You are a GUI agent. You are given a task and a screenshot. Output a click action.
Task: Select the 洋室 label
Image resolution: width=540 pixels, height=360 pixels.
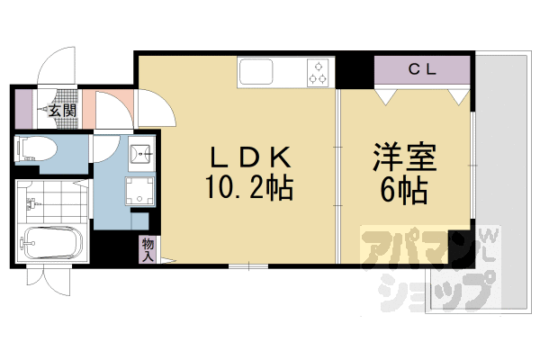pos(404,159)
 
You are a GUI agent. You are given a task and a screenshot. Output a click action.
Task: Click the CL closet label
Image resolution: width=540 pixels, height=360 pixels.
pos(423,68)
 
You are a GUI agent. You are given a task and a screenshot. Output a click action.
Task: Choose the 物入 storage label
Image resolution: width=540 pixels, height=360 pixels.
pos(148,249)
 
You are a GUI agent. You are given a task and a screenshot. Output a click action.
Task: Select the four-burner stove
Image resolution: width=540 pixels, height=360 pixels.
pos(318,72)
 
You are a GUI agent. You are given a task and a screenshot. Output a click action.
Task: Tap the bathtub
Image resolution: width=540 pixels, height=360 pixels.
pos(51,243)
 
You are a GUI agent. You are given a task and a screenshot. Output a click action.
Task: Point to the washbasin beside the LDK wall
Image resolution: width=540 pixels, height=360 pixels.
pos(141,154)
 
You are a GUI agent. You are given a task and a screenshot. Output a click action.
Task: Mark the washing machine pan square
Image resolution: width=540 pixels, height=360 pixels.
pos(140,190)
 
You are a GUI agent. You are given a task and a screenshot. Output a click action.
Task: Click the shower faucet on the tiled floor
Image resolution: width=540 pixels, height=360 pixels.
pos(32,203)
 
